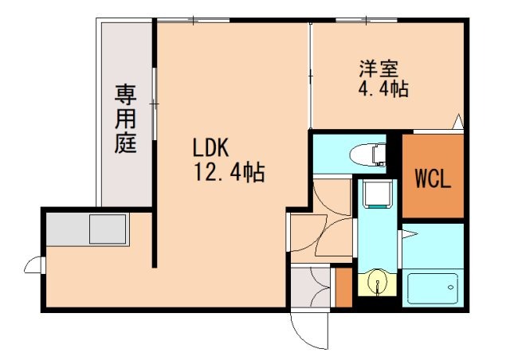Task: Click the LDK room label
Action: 210,147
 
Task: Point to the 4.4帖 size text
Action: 382,89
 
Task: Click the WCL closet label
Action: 432,178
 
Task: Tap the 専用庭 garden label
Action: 125,119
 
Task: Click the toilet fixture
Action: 367,151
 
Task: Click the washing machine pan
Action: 373,194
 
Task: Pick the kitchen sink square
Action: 108,229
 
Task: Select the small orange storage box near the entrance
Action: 343,287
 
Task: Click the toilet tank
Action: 382,151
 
